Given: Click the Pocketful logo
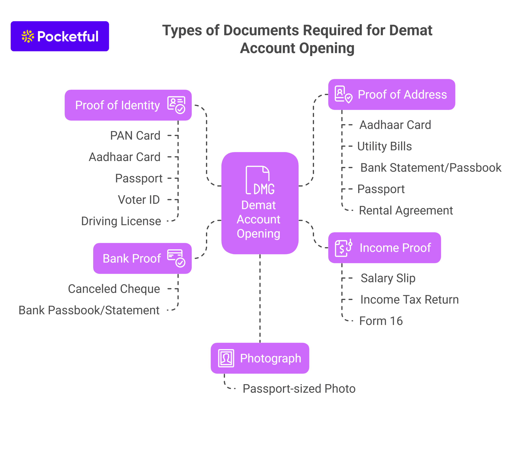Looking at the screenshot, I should [60, 36].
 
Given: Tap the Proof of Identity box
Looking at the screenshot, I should [128, 105].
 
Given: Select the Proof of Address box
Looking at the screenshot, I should [392, 95].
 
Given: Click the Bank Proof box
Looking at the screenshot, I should [142, 258].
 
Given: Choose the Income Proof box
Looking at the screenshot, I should [384, 248].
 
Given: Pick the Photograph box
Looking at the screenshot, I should [260, 358].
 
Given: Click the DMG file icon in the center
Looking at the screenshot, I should [260, 180].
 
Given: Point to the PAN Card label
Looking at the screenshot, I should [135, 135].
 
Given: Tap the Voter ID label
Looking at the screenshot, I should [139, 200].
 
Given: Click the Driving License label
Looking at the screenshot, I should [121, 221].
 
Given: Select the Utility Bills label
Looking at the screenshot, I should [384, 146].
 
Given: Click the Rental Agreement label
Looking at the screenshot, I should [406, 210].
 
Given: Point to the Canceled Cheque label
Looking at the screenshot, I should [114, 289].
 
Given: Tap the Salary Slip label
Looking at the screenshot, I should [388, 278].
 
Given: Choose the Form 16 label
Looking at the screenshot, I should [381, 321].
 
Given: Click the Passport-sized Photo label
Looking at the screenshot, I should [299, 388].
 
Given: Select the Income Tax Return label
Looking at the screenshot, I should [409, 299].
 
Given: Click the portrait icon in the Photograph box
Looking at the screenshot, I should [226, 358].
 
